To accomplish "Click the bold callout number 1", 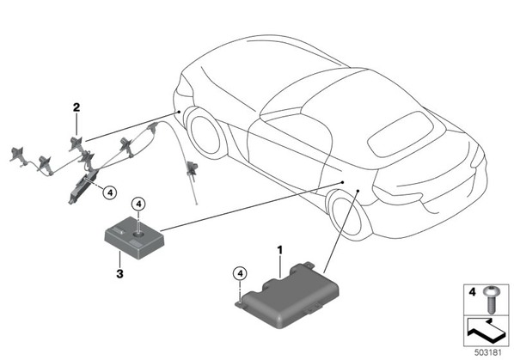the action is (x=279, y=251).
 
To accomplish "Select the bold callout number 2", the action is (x=76, y=107).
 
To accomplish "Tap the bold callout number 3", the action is (x=120, y=273).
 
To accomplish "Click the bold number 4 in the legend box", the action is (x=472, y=291).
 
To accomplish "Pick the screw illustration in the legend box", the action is (x=491, y=299).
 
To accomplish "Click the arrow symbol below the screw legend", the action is (x=485, y=331).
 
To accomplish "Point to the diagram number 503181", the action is (x=488, y=353).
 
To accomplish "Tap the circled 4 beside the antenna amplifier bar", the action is (x=110, y=193).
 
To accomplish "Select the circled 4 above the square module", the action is (x=138, y=204).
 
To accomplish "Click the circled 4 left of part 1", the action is (x=241, y=273).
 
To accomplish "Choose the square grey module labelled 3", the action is (x=134, y=238).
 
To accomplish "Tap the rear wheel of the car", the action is (x=348, y=214).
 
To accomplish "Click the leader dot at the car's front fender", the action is (x=179, y=112).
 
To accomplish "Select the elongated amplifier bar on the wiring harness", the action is (x=83, y=186).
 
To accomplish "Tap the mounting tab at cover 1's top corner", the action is (x=309, y=264).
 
